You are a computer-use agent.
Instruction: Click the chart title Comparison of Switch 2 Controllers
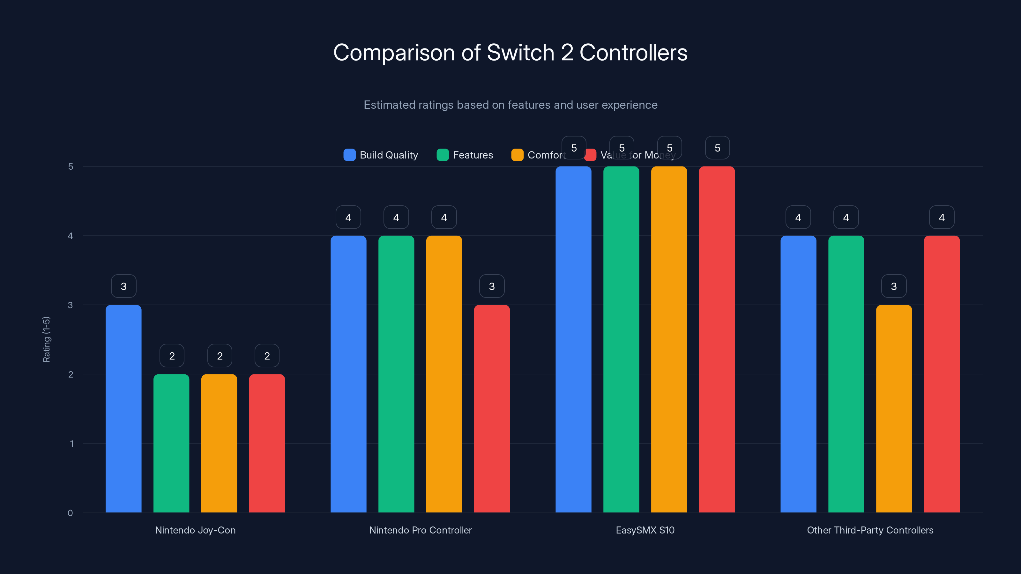click(510, 53)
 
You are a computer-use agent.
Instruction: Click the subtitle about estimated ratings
click(510, 105)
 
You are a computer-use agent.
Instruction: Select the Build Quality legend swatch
click(349, 155)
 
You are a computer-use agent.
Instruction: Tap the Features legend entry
click(465, 155)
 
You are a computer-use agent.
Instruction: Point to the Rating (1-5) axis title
click(46, 339)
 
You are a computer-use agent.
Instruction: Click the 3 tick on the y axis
click(70, 305)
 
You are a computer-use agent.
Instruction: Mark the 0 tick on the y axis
click(70, 513)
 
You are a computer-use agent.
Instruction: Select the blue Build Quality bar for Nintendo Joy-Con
click(123, 408)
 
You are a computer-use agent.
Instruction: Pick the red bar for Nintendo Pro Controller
click(491, 408)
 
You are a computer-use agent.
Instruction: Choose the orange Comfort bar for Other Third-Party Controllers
click(894, 408)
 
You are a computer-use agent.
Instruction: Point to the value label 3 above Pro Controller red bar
click(491, 286)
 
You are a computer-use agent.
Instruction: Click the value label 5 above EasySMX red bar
click(717, 148)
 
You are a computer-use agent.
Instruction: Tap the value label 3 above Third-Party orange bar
click(894, 286)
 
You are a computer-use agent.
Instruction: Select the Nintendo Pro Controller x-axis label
click(420, 530)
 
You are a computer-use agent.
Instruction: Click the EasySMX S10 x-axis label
click(645, 530)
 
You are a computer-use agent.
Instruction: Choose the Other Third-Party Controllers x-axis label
click(870, 530)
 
